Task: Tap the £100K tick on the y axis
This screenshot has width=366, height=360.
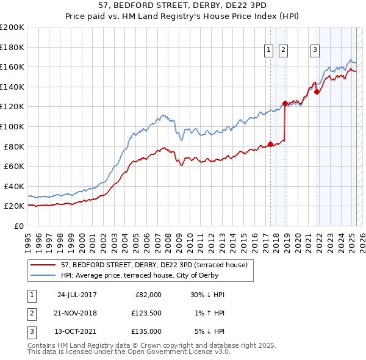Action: (12, 126)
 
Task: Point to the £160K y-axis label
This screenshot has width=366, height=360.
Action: (12, 67)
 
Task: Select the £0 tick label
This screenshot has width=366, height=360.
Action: (18, 226)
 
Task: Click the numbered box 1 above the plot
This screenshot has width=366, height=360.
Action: (269, 51)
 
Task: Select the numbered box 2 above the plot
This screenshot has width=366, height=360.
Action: (284, 51)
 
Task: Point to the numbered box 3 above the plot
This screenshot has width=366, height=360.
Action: (315, 51)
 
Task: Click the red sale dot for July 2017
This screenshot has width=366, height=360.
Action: (270, 145)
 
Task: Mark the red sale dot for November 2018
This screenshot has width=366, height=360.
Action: (285, 103)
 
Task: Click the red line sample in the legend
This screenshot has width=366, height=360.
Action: (43, 265)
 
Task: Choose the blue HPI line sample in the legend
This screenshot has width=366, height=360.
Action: (43, 275)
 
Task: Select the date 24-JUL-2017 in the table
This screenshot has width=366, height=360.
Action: (77, 294)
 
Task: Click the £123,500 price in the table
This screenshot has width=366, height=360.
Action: (146, 312)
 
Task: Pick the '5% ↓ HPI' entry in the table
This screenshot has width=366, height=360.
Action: (207, 331)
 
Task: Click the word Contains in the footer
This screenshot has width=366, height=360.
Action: (42, 345)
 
